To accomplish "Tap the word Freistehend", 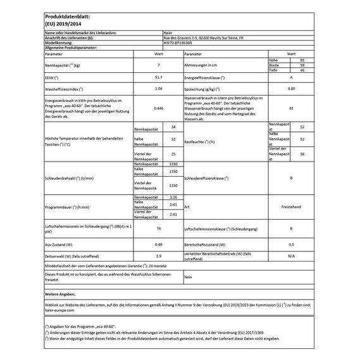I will click(x=290, y=206).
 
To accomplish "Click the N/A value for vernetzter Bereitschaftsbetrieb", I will click(x=290, y=255).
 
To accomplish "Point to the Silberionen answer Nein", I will click(x=188, y=277).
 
